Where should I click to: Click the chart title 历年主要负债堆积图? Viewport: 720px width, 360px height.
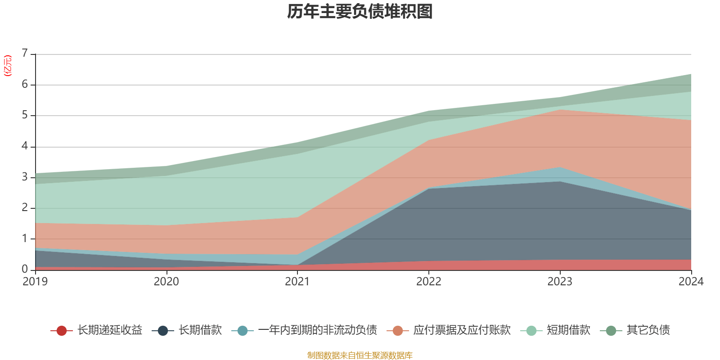(360, 12)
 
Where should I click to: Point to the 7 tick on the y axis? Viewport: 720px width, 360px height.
(25, 54)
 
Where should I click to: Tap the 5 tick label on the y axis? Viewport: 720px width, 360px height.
(25, 115)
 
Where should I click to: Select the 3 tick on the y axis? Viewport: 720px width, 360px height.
(25, 177)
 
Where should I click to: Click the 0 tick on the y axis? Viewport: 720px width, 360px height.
(25, 269)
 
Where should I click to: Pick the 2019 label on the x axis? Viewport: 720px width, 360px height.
(35, 282)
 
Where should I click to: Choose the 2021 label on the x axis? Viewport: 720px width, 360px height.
(297, 282)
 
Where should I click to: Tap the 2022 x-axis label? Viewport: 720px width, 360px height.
(429, 282)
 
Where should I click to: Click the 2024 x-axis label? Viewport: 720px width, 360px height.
(691, 282)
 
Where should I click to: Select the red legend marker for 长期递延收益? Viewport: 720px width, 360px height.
(62, 331)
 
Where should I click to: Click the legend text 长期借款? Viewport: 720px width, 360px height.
(200, 330)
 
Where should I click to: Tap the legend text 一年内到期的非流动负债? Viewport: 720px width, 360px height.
(317, 330)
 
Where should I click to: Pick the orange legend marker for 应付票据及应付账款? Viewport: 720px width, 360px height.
(398, 331)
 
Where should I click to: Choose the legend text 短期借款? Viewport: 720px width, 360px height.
(568, 330)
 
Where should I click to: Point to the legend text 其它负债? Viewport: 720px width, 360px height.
(648, 330)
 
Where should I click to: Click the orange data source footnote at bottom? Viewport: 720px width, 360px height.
(360, 355)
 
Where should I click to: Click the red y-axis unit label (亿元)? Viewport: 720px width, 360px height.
(8, 66)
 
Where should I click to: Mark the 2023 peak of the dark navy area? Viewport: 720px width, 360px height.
(560, 181)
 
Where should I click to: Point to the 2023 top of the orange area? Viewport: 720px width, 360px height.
(560, 110)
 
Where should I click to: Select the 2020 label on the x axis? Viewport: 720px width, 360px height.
(166, 282)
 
